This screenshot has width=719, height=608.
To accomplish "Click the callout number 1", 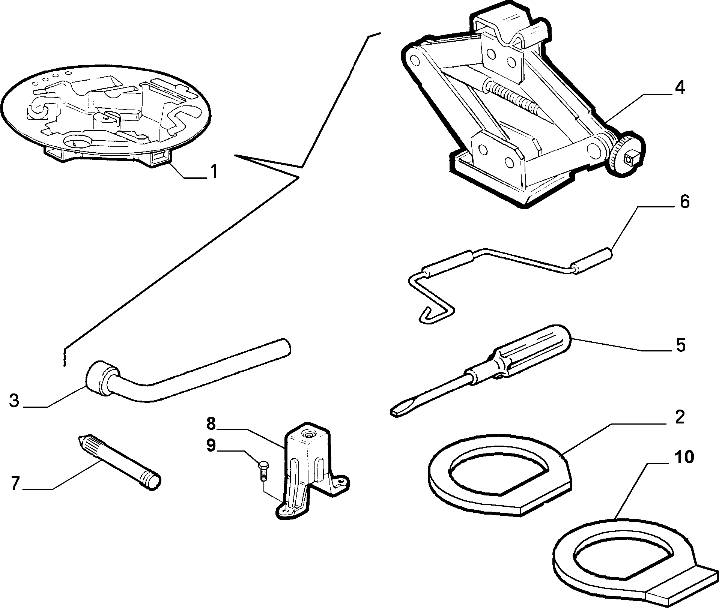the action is pyautogui.click(x=213, y=172).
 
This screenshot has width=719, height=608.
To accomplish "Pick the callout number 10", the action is pyautogui.click(x=683, y=457).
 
